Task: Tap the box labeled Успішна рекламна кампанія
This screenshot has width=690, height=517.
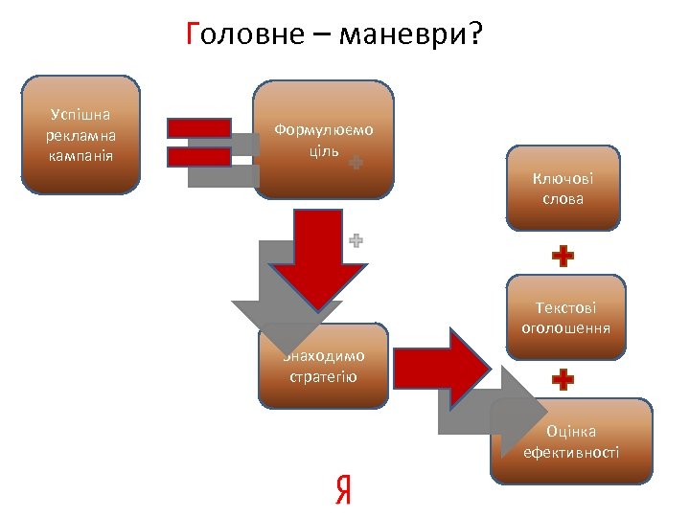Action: point(81,134)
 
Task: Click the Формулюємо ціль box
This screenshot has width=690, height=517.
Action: point(324,139)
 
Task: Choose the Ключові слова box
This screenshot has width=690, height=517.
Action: point(563,189)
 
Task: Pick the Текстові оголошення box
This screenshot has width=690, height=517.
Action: point(565,317)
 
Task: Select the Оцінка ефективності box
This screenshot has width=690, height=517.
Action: point(571,441)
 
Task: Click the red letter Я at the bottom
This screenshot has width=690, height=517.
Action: point(342,489)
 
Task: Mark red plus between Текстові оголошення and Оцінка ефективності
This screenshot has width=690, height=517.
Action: point(563,380)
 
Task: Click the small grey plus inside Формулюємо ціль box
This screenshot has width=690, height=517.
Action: point(356,164)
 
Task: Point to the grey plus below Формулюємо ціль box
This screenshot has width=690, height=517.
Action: point(356,241)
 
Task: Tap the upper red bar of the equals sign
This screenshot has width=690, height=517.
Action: point(199,127)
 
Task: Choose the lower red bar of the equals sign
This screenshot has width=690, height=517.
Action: point(199,156)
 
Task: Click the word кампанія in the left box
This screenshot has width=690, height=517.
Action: point(80,155)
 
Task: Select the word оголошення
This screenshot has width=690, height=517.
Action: point(565,327)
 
